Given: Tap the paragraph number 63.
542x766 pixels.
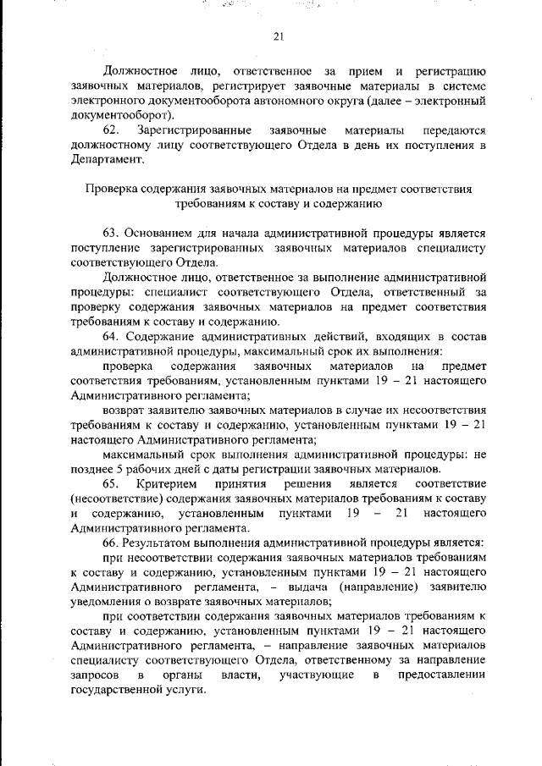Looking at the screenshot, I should point(110,232).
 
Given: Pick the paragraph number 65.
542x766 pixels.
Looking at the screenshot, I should point(112,483).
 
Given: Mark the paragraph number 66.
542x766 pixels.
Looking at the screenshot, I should point(110,541).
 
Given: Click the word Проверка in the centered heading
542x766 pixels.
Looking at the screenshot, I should point(108,189).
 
